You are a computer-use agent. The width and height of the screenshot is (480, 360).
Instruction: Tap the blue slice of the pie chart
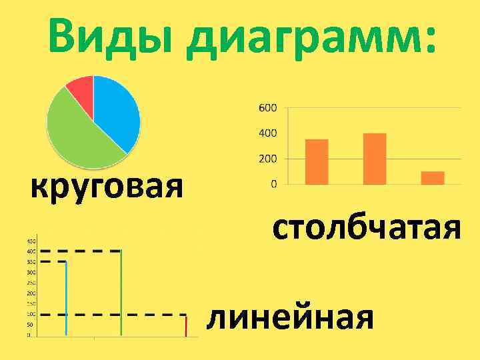pos(117,113)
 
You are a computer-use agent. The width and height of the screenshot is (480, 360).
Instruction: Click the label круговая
pos(107,187)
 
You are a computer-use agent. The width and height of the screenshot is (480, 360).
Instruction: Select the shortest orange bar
pos(433,177)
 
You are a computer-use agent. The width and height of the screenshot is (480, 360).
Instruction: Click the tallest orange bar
pos(375,159)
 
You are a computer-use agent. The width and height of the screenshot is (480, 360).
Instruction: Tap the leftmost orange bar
pos(317,161)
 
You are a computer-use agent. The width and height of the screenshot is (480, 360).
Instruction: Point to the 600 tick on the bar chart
pos(267,108)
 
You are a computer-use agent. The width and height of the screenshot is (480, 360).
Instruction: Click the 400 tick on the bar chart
pos(267,133)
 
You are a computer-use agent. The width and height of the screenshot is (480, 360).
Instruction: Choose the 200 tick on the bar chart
pos(267,159)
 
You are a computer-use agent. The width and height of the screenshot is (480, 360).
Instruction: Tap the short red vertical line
pos(186,326)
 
